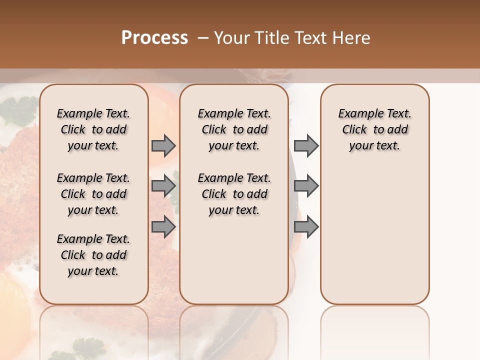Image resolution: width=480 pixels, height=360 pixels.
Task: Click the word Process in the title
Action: click(154, 38)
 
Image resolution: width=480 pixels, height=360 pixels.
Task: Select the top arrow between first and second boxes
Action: click(163, 146)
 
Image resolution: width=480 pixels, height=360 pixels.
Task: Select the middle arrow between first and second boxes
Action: click(163, 186)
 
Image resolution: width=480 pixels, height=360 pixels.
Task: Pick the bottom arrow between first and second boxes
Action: click(163, 226)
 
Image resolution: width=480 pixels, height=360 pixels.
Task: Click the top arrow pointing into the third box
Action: click(306, 146)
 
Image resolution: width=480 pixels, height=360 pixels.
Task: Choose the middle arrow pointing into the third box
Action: click(306, 186)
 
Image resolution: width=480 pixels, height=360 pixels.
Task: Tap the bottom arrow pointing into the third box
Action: click(306, 226)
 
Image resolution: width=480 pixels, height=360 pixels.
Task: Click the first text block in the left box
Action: click(93, 129)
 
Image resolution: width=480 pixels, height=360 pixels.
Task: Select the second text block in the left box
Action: click(93, 194)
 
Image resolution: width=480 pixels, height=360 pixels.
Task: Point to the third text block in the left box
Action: click(93, 255)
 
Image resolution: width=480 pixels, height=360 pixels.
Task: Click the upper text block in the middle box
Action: click(234, 129)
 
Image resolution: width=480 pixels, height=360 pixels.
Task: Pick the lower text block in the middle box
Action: click(234, 194)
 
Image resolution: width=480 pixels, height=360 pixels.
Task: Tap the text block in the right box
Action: click(374, 129)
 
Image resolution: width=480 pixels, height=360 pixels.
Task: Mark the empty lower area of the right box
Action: click(374, 235)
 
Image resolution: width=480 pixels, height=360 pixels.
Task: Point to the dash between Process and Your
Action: click(203, 38)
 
